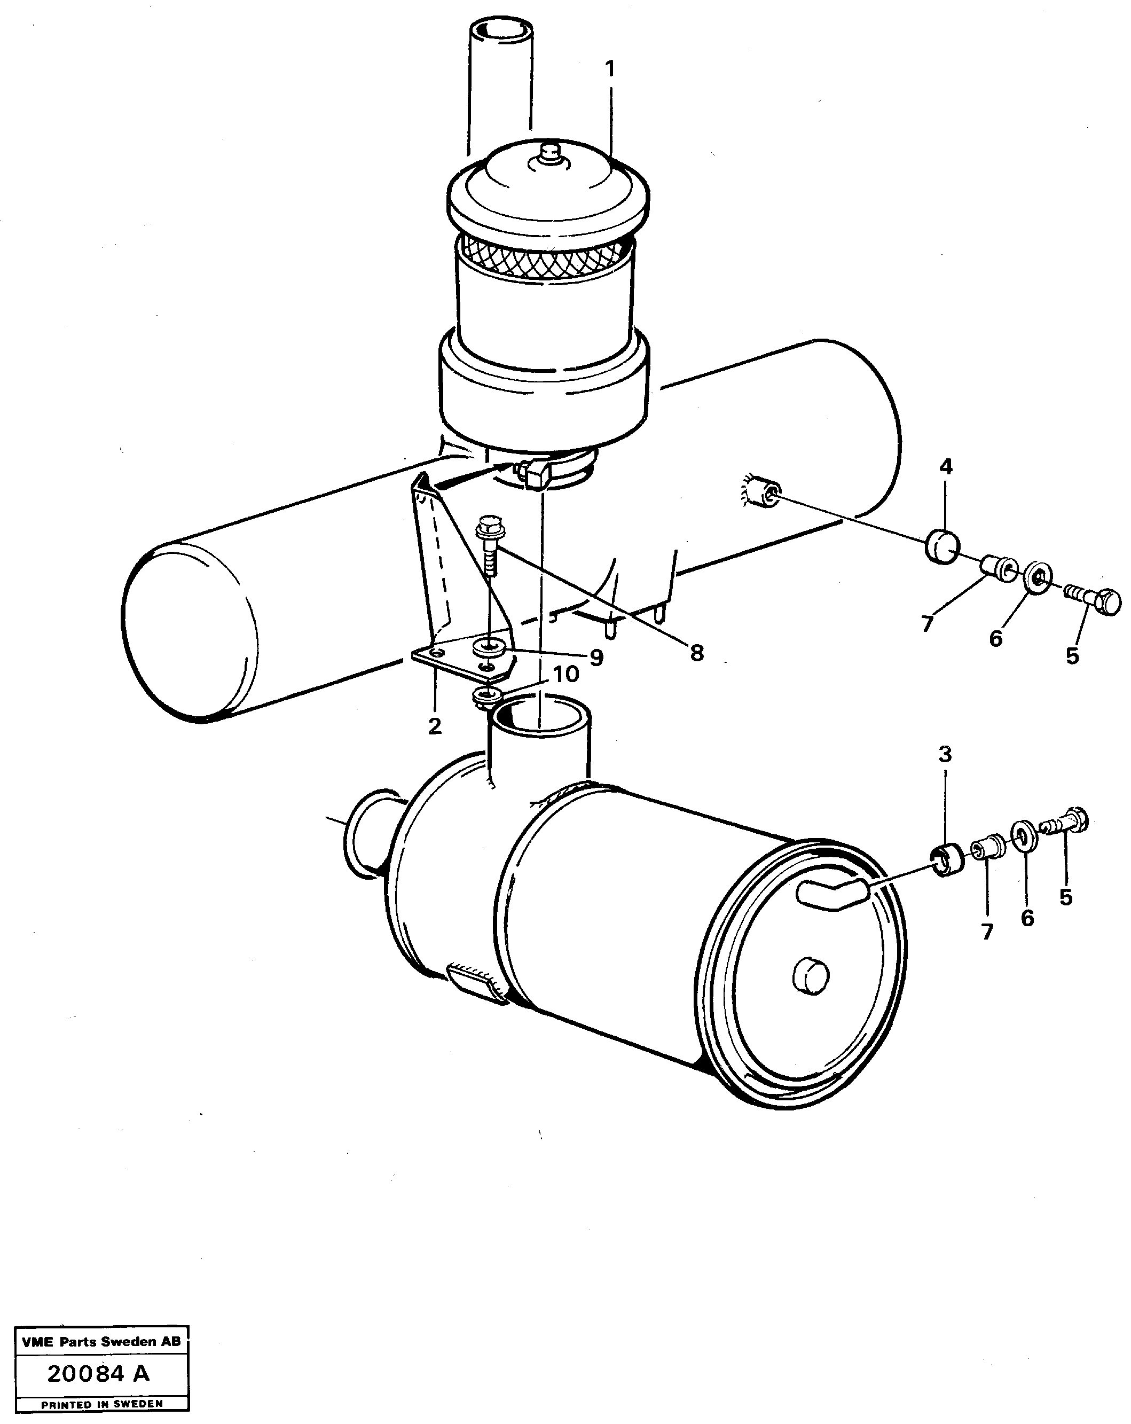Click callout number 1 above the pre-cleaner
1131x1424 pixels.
click(x=610, y=69)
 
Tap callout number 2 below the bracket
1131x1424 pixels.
click(x=435, y=726)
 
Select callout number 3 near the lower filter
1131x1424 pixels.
click(x=945, y=754)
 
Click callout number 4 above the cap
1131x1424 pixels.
click(x=946, y=467)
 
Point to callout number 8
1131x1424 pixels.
click(x=696, y=653)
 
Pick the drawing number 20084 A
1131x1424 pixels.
click(x=98, y=1374)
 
